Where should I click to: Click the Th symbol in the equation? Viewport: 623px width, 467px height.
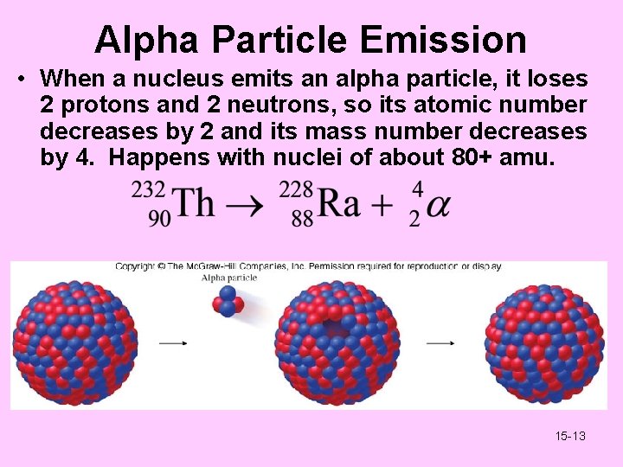click(x=196, y=204)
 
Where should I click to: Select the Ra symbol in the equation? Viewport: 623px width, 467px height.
click(x=338, y=204)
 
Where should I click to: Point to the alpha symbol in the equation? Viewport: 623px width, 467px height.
click(x=438, y=206)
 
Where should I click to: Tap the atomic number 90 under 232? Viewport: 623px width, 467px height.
click(x=159, y=219)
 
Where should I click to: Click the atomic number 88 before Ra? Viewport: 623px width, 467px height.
click(x=302, y=219)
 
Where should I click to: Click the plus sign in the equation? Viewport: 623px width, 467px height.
click(x=382, y=206)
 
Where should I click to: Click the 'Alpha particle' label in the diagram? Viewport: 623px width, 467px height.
click(x=228, y=278)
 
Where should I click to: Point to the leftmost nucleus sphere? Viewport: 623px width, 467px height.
click(x=75, y=342)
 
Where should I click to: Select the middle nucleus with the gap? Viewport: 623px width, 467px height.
click(x=337, y=342)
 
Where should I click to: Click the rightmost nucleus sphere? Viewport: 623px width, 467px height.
click(x=543, y=342)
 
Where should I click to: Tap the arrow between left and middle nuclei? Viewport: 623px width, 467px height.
click(x=174, y=343)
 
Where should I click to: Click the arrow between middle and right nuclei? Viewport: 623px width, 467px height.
click(x=440, y=343)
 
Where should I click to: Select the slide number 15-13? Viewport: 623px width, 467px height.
click(x=570, y=436)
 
